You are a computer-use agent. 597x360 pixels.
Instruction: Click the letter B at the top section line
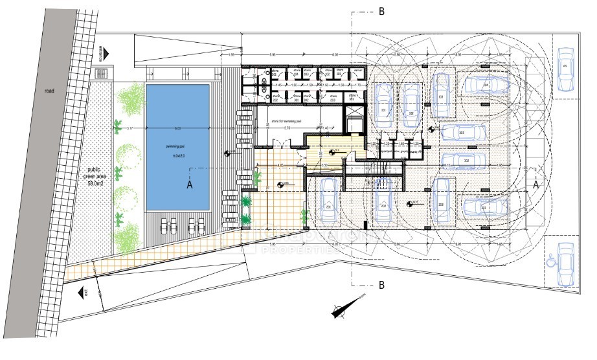[x=381, y=11]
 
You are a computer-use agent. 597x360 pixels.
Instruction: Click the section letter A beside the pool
[x=190, y=185]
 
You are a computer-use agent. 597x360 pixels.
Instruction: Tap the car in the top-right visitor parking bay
[x=565, y=69]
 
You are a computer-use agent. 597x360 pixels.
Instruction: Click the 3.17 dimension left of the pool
[x=130, y=128]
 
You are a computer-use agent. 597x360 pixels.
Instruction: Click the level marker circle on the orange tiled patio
[x=281, y=185]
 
